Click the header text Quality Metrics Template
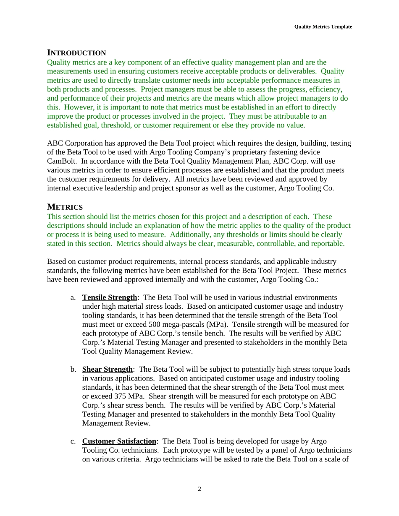click(323, 27)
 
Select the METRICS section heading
click(65, 207)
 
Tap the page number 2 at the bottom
click(199, 489)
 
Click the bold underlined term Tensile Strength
click(110, 297)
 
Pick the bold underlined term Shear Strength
click(107, 370)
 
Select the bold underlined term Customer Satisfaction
click(119, 441)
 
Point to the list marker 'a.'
click(73, 297)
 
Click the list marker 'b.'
click(73, 370)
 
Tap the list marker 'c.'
click(73, 441)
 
